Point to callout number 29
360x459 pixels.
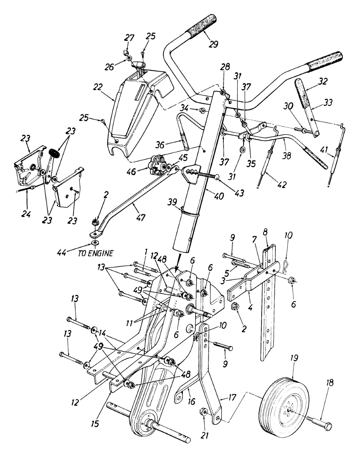[x=213, y=44]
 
